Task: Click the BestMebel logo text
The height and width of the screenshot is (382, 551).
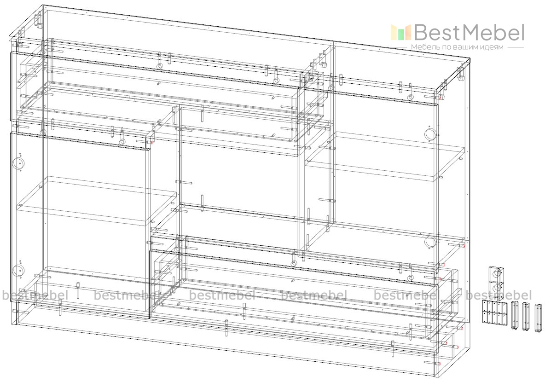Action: click(469, 33)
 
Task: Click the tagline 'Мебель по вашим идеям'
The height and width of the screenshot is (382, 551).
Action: click(458, 47)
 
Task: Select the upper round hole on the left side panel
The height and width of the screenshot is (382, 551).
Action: click(18, 163)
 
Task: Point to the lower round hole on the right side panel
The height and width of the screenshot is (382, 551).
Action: click(429, 242)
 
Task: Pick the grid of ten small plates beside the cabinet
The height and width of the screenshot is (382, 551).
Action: click(495, 312)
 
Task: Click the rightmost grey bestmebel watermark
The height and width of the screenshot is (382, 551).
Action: click(499, 295)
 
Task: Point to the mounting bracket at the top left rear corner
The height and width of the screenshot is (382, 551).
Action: click(39, 19)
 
